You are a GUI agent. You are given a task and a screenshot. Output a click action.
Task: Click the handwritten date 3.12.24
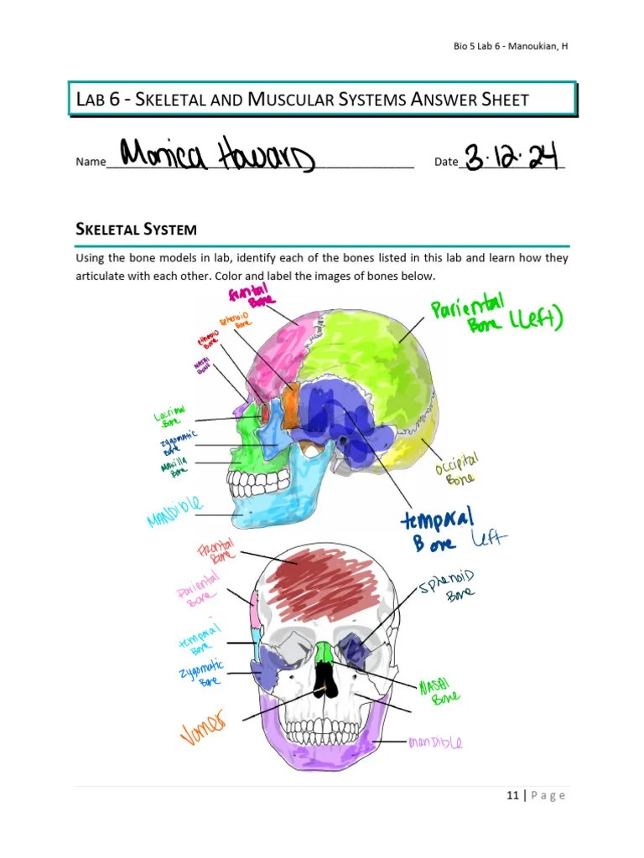tap(512, 157)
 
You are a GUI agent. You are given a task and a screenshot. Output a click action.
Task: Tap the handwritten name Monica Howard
tap(217, 156)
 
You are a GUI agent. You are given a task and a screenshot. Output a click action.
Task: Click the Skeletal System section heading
tap(136, 228)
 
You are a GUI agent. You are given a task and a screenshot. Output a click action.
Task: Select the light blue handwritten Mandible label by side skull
tap(175, 511)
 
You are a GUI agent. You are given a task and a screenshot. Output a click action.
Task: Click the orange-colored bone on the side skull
tap(290, 406)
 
